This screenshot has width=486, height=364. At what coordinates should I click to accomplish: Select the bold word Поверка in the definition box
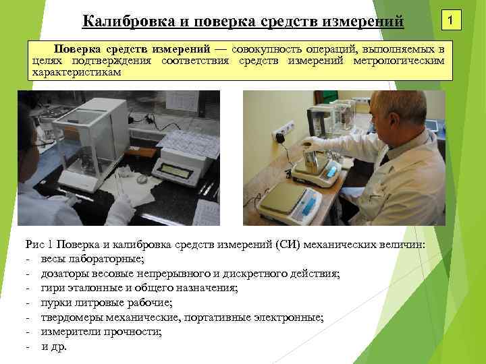click(76, 50)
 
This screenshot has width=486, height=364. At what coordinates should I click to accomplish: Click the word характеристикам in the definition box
click(76, 72)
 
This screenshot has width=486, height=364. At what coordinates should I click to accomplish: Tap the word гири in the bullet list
click(52, 288)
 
